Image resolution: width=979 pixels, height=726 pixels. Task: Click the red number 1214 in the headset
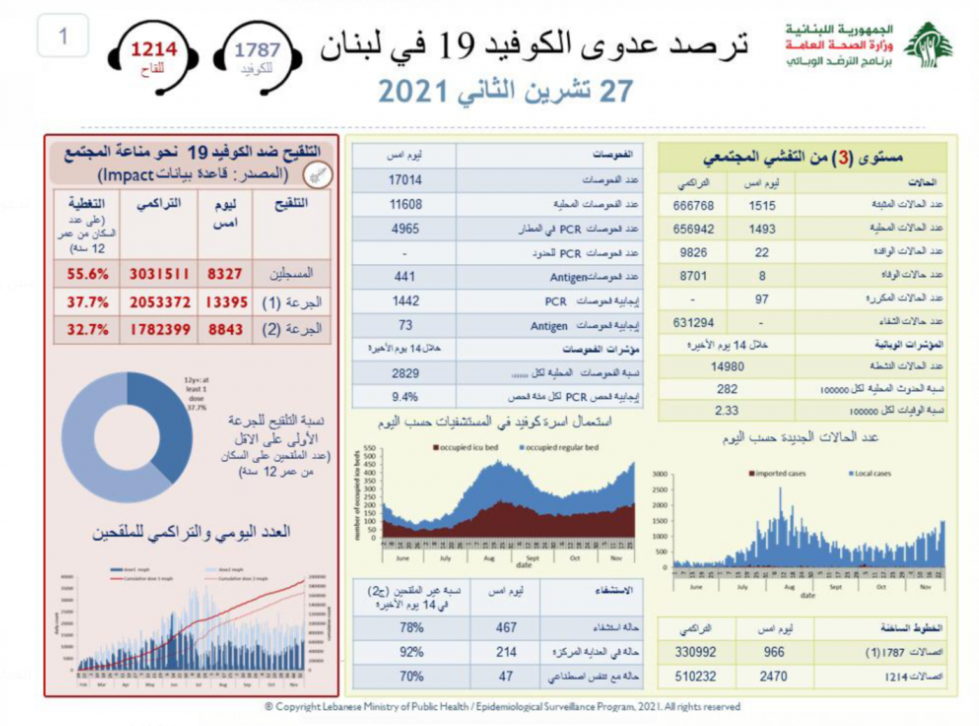[154, 49]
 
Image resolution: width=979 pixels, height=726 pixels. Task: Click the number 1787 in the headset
[257, 50]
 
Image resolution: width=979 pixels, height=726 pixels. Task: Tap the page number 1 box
[62, 36]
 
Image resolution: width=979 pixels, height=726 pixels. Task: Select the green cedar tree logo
[929, 45]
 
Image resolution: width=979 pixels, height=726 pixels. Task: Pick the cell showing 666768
[693, 206]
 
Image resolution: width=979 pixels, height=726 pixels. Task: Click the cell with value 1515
[762, 206]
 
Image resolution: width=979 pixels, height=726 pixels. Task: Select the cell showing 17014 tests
[405, 180]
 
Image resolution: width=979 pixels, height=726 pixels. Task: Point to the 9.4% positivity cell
[405, 397]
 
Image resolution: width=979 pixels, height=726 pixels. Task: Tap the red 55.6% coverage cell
[87, 274]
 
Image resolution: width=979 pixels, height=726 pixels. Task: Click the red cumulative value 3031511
[159, 274]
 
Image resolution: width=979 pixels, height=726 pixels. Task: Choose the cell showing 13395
[226, 302]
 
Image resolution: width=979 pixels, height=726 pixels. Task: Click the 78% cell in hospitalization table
[411, 628]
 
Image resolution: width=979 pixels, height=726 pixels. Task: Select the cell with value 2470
[773, 676]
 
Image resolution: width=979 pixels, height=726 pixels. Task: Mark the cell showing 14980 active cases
[727, 367]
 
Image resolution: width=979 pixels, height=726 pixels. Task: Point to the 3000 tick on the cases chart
[660, 474]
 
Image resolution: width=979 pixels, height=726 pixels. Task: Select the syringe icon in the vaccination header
[317, 176]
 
